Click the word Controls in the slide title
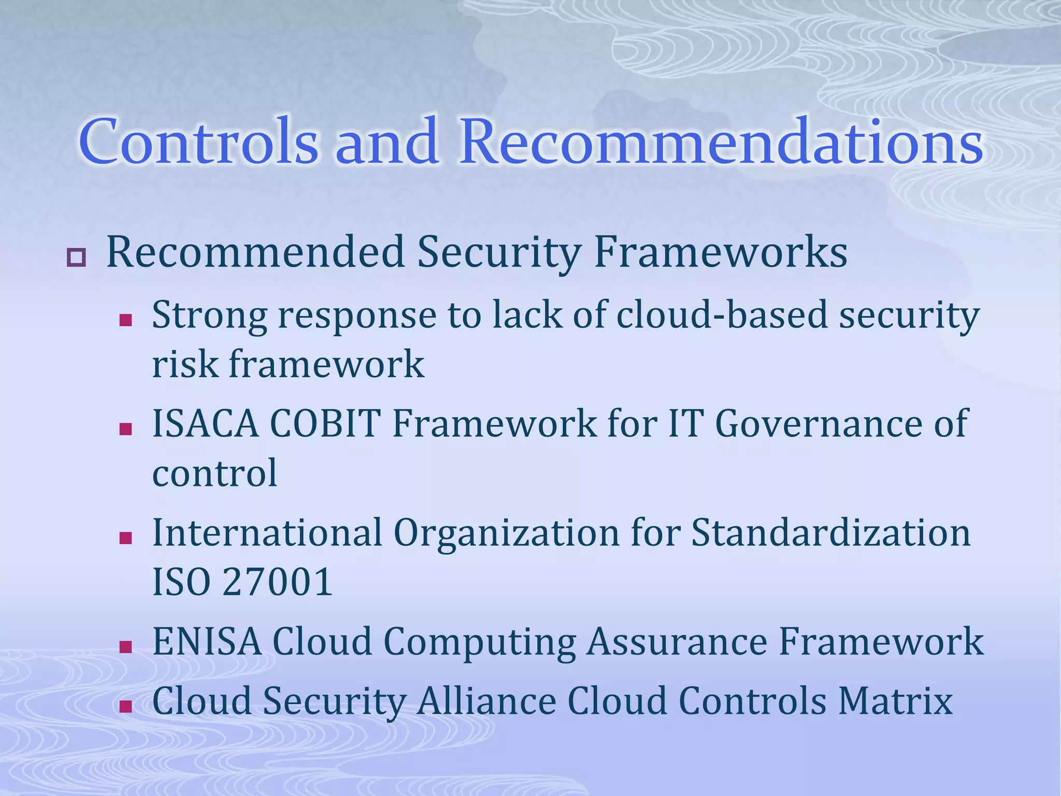click(198, 141)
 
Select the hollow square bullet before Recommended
click(76, 258)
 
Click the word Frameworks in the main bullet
click(721, 253)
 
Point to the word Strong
click(209, 316)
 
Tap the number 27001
click(277, 581)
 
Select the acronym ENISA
click(207, 642)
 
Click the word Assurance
click(677, 642)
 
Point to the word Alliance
click(486, 701)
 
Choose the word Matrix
click(896, 701)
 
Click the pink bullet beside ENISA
click(125, 646)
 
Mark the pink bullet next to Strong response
click(125, 321)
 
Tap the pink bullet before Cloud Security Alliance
click(125, 706)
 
